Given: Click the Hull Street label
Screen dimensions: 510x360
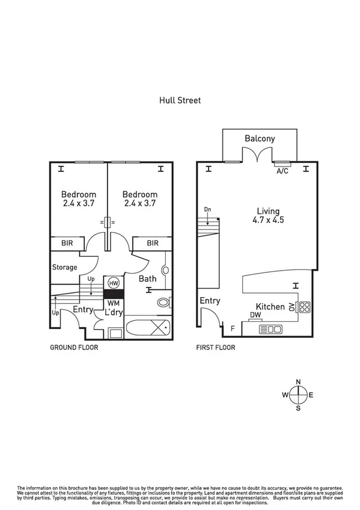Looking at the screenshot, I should [x=180, y=100].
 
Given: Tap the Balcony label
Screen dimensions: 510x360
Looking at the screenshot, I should [x=260, y=138].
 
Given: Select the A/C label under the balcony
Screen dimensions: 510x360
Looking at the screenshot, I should [x=282, y=171].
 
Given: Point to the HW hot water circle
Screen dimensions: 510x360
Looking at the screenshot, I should [x=113, y=283].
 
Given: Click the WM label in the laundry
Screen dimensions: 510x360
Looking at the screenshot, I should [x=113, y=304].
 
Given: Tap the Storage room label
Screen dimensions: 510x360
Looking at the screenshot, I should [x=64, y=267].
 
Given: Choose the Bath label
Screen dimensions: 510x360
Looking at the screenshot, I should [x=147, y=279].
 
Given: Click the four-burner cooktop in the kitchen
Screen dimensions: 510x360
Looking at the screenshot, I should [x=304, y=307].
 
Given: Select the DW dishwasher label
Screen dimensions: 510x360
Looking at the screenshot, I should [x=255, y=315].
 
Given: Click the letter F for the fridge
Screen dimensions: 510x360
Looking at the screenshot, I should [x=233, y=328].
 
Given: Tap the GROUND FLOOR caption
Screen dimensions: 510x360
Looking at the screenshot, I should [x=73, y=348].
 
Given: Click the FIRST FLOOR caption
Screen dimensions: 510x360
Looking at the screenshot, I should [x=216, y=348].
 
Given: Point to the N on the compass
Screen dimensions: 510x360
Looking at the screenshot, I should [x=299, y=381].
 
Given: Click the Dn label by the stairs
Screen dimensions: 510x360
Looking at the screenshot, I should [x=207, y=210].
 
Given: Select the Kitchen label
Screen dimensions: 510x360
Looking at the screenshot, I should [x=270, y=307].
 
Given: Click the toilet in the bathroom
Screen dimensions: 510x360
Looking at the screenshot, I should [x=162, y=303].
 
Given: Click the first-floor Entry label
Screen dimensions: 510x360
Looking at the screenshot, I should [x=210, y=301].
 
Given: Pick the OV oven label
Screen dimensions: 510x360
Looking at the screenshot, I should [x=291, y=307].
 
